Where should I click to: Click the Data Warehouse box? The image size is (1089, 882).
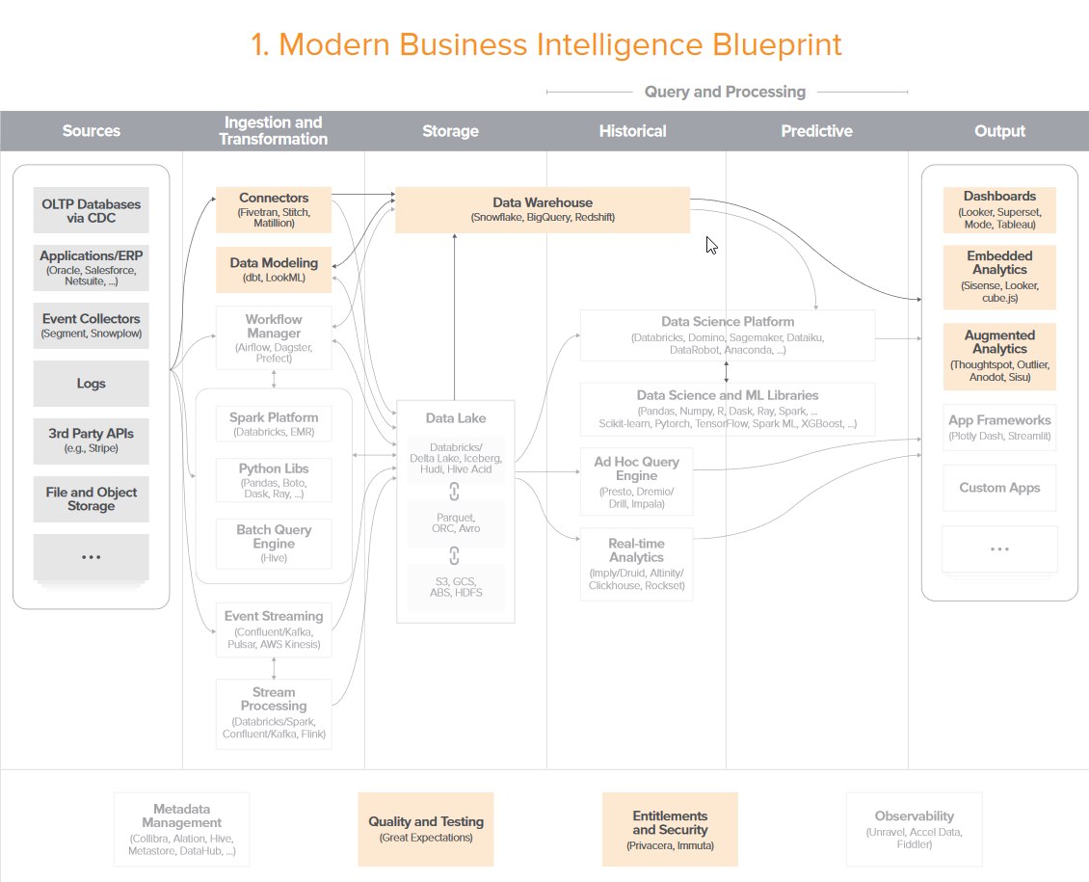[543, 210]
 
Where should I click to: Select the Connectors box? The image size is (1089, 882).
[274, 210]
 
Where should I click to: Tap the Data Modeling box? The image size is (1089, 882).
[274, 270]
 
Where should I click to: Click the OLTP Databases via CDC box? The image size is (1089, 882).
[91, 210]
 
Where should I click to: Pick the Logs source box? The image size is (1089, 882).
[91, 384]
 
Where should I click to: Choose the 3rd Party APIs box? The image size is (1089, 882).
[91, 441]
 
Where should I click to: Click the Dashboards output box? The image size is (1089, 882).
[999, 210]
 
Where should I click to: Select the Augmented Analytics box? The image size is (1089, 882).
[999, 357]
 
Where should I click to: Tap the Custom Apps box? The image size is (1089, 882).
[999, 488]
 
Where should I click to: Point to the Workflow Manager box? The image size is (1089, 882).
[274, 338]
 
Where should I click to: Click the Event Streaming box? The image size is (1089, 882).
[274, 629]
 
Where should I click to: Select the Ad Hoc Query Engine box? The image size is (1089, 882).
[636, 482]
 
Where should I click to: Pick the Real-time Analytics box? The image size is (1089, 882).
[636, 564]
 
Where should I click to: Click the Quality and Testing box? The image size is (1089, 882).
[426, 829]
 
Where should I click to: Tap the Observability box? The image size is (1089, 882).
[914, 829]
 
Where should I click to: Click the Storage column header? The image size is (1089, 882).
[450, 130]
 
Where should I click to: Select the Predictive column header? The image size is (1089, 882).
[817, 130]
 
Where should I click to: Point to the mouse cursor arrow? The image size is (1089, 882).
[711, 245]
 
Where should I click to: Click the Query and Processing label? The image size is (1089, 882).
[725, 92]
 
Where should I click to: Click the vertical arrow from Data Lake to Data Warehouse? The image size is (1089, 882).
[455, 317]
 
